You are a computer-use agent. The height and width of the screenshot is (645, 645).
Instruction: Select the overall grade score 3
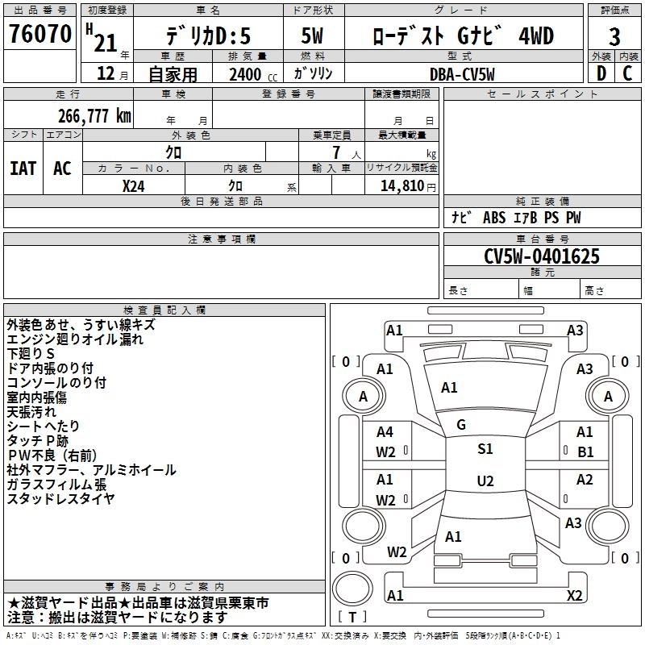(614, 36)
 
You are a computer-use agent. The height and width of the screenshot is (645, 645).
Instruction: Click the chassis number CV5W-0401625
(541, 256)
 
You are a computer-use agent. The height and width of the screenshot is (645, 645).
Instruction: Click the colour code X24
(134, 185)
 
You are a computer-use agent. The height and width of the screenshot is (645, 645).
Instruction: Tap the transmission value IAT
(23, 168)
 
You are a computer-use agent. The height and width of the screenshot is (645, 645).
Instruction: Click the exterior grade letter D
(601, 74)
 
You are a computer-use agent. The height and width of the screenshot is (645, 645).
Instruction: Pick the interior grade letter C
(627, 74)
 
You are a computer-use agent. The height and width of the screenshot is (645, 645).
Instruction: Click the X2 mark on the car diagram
(575, 595)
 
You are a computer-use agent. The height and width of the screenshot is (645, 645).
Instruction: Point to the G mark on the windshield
(461, 425)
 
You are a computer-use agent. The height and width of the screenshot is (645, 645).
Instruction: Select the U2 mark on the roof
(485, 481)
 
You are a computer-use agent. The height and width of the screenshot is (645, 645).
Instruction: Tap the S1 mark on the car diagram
(485, 449)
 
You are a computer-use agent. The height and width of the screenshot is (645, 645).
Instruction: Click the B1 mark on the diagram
(585, 451)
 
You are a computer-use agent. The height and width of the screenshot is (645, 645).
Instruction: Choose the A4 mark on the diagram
(385, 433)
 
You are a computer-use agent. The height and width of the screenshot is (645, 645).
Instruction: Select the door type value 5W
(312, 36)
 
